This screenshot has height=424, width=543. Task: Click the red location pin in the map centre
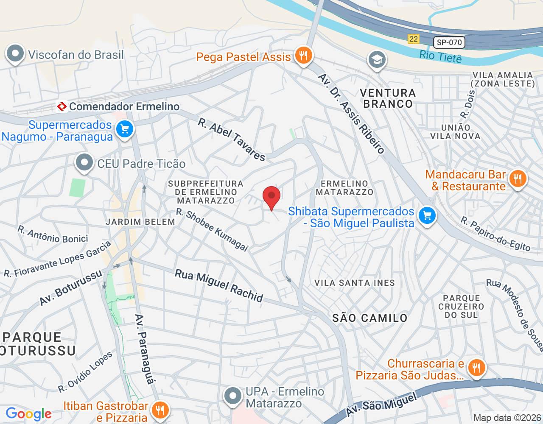(x=271, y=197)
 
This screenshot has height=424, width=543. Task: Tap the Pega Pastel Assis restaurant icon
(x=303, y=56)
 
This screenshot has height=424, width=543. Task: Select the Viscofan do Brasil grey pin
(x=16, y=54)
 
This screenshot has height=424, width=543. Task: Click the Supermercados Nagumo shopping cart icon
(x=124, y=129)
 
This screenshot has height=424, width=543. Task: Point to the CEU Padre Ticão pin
(x=84, y=162)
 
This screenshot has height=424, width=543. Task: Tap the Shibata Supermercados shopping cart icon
(x=427, y=216)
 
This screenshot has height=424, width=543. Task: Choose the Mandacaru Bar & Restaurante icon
(x=517, y=179)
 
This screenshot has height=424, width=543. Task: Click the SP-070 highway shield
(x=449, y=42)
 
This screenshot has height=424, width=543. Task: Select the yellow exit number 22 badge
(x=413, y=39)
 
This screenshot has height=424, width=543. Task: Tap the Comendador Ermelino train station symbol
(x=62, y=106)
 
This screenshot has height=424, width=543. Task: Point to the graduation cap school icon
(x=376, y=60)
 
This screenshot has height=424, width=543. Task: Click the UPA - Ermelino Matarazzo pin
(x=232, y=396)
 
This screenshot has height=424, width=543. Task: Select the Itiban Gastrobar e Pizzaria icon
(x=160, y=410)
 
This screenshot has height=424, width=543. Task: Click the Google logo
(x=28, y=414)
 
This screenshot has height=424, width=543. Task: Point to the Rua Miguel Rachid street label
(x=219, y=286)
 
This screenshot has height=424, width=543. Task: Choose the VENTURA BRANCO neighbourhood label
(x=388, y=98)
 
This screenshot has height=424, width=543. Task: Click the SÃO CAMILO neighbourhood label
(x=369, y=318)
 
